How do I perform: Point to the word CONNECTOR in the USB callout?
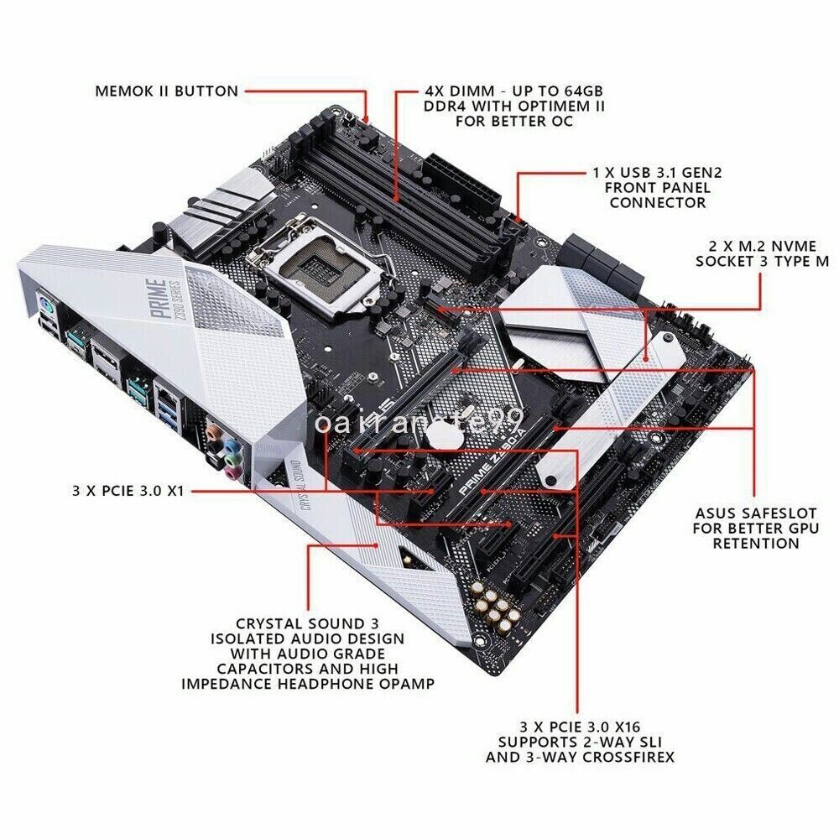(x=658, y=202)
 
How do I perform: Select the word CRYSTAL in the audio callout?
(x=267, y=623)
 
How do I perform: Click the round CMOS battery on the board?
(x=437, y=435)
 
